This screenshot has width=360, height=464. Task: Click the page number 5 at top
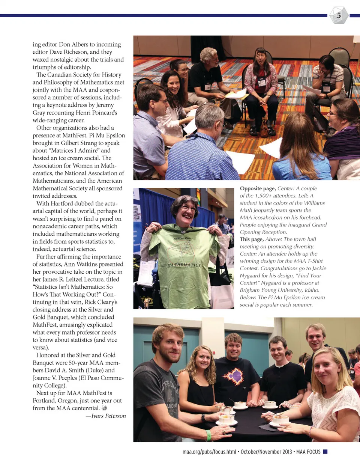(339, 15)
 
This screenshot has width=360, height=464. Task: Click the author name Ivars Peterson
(108, 416)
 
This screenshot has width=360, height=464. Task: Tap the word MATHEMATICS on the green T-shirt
(184, 265)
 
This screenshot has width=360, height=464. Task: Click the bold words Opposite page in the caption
(258, 188)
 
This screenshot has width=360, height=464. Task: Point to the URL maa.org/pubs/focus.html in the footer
(209, 452)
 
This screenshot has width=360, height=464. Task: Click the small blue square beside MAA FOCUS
(325, 452)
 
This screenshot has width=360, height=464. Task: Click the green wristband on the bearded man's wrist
(208, 435)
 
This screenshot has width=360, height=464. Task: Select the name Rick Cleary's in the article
(101, 302)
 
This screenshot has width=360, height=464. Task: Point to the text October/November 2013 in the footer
(266, 452)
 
